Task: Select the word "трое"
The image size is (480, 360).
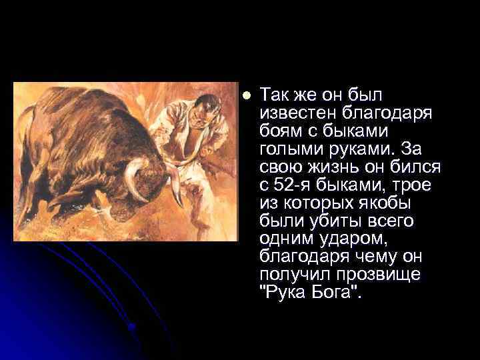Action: [411, 183]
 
